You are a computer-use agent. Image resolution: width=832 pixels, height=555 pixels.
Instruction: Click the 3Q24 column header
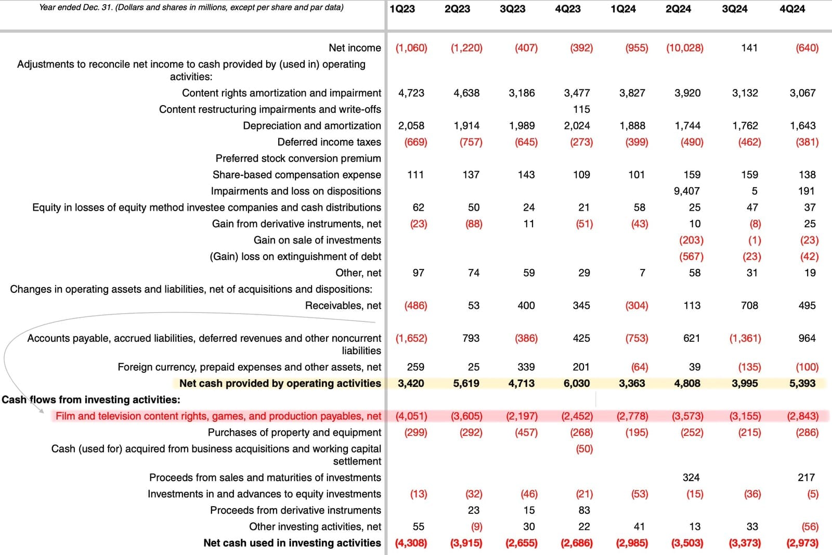(x=734, y=9)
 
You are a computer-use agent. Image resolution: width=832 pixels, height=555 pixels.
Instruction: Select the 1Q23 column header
(x=402, y=9)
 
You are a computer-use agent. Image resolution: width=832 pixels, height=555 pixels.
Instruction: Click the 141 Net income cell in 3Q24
(x=749, y=48)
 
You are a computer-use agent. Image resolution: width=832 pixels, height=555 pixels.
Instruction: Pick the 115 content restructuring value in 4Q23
(x=581, y=109)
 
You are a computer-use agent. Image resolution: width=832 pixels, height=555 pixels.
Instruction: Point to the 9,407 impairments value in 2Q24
(x=686, y=191)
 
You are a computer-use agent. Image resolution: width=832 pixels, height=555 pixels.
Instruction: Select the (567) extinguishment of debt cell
(x=692, y=256)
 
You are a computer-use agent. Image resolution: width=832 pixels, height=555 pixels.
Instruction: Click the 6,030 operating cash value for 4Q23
(x=577, y=383)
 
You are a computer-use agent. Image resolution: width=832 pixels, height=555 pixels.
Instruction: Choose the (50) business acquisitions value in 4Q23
(x=584, y=449)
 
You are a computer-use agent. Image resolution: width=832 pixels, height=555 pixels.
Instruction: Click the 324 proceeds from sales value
(x=691, y=477)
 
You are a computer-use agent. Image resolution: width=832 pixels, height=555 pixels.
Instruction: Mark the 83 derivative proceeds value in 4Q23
(x=584, y=510)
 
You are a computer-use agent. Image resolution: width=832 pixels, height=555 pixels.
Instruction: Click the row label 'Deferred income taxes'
(x=329, y=142)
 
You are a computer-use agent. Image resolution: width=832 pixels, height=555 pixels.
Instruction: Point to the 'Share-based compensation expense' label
(x=296, y=175)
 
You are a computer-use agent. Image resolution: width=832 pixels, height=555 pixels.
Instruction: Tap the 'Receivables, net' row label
(x=343, y=305)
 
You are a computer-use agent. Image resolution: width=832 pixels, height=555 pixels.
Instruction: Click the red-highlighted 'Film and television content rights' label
(x=218, y=416)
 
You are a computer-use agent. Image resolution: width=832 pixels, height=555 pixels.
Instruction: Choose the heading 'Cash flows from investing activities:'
(x=91, y=399)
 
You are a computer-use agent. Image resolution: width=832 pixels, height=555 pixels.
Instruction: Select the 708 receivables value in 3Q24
(x=749, y=305)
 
